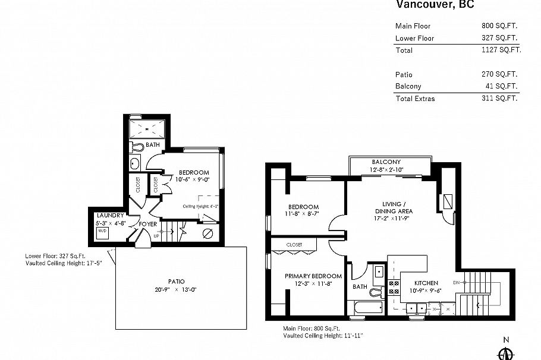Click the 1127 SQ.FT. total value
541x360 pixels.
tap(501, 50)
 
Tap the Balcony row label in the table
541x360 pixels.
tap(408, 86)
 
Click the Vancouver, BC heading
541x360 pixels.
tap(435, 5)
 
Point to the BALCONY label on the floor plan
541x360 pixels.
tap(386, 162)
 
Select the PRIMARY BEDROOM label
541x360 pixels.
tap(313, 276)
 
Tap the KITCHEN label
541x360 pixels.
tap(426, 283)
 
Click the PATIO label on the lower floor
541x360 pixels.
tap(176, 282)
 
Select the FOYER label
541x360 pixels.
tap(148, 224)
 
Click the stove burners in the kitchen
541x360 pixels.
tap(394, 288)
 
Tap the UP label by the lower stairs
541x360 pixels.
tap(156, 235)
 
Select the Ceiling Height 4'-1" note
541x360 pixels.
tap(201, 206)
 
